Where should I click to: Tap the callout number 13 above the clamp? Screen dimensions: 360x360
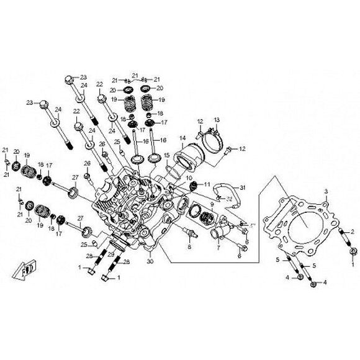(217, 119)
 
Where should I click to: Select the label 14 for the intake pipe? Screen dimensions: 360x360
(182, 138)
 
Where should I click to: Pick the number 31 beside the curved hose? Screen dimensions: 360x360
(243, 189)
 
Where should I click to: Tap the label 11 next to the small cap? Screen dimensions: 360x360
(207, 184)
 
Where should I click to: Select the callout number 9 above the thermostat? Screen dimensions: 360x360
(211, 204)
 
